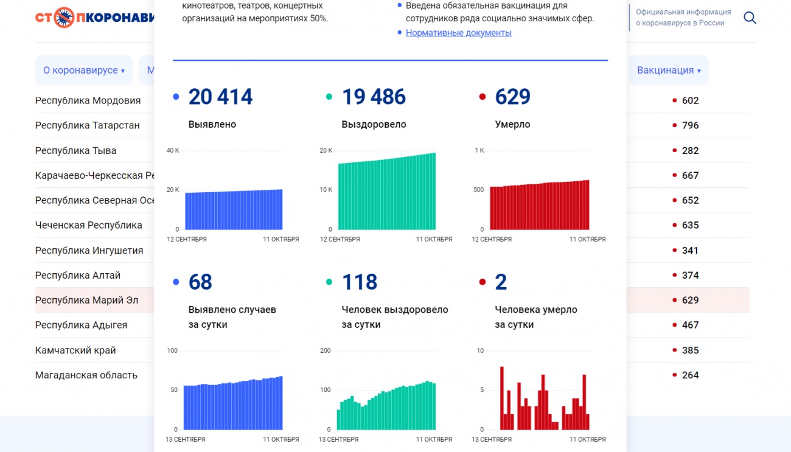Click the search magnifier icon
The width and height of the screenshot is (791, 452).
point(750,18)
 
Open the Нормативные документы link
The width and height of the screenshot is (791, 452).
point(458,33)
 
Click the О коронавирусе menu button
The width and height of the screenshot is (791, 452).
point(84,70)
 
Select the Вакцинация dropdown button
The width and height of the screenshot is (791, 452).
point(669,70)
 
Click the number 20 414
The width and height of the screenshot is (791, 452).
point(220,97)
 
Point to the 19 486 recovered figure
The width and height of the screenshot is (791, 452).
point(374,97)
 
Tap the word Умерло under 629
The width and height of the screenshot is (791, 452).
point(512,124)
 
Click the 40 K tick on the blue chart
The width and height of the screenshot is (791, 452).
point(173,150)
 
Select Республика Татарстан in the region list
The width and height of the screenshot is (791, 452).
point(88,125)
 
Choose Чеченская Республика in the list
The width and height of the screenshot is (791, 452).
point(89,225)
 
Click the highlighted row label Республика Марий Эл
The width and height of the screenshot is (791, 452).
point(86,300)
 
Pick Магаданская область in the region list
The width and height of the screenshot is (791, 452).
point(86,375)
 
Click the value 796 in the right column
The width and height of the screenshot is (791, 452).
point(690,125)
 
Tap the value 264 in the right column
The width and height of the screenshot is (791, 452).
point(690,375)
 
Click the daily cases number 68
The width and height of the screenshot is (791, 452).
point(200,282)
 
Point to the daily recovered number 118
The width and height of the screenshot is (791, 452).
point(360,282)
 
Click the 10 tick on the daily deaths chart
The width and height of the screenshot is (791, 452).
point(480,350)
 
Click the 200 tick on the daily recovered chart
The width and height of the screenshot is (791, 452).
point(326,350)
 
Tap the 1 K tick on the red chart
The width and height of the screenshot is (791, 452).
point(479,150)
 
